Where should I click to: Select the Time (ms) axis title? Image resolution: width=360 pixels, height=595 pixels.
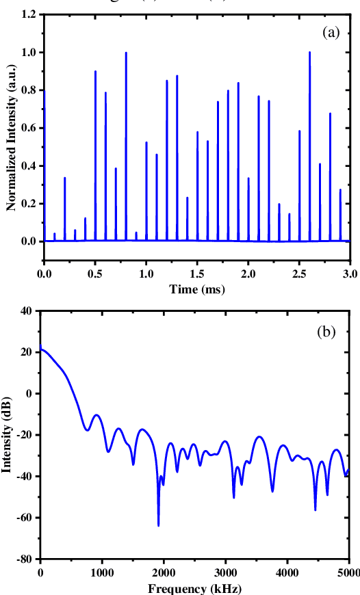[197, 289]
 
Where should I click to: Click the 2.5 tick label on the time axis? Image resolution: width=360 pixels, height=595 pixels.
[300, 274]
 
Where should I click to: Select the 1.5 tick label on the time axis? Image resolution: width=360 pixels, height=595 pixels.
[197, 274]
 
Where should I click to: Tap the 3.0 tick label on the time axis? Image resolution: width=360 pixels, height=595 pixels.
[350, 274]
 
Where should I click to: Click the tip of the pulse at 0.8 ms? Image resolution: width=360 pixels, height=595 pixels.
[126, 53]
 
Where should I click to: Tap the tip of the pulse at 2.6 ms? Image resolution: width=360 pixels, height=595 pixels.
[309, 53]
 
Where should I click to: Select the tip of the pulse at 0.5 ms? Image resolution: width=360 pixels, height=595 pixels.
[95, 71]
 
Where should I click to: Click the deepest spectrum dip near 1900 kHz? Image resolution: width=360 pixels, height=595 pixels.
[158, 525]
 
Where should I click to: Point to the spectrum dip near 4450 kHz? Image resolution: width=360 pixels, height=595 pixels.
[316, 510]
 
